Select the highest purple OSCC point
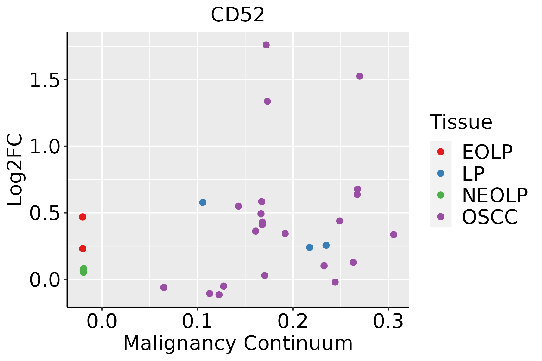[266, 45]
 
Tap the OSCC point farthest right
[393, 234]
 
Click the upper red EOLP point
[83, 217]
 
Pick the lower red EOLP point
[83, 248]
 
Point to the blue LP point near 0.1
[203, 202]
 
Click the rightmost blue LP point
[326, 245]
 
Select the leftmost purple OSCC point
[164, 287]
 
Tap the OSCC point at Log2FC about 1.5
[360, 76]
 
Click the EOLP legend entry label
[487, 152]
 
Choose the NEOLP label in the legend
[494, 195]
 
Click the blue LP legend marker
[441, 173]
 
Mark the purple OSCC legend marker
[441, 217]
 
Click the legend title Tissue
[461, 122]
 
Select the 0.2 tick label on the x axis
[293, 322]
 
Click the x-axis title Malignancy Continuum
[238, 343]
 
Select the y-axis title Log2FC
[15, 170]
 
